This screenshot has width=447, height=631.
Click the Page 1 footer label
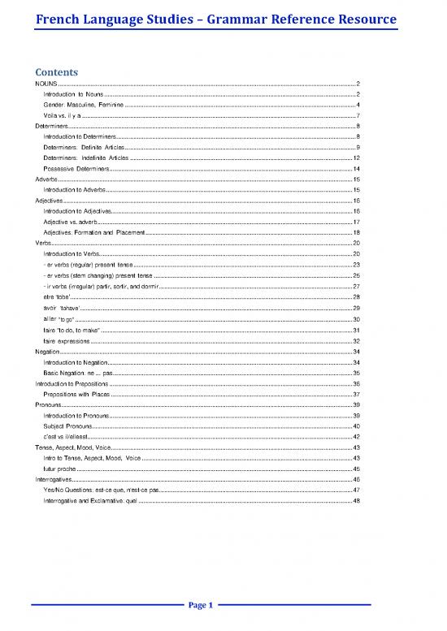tap(200, 605)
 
